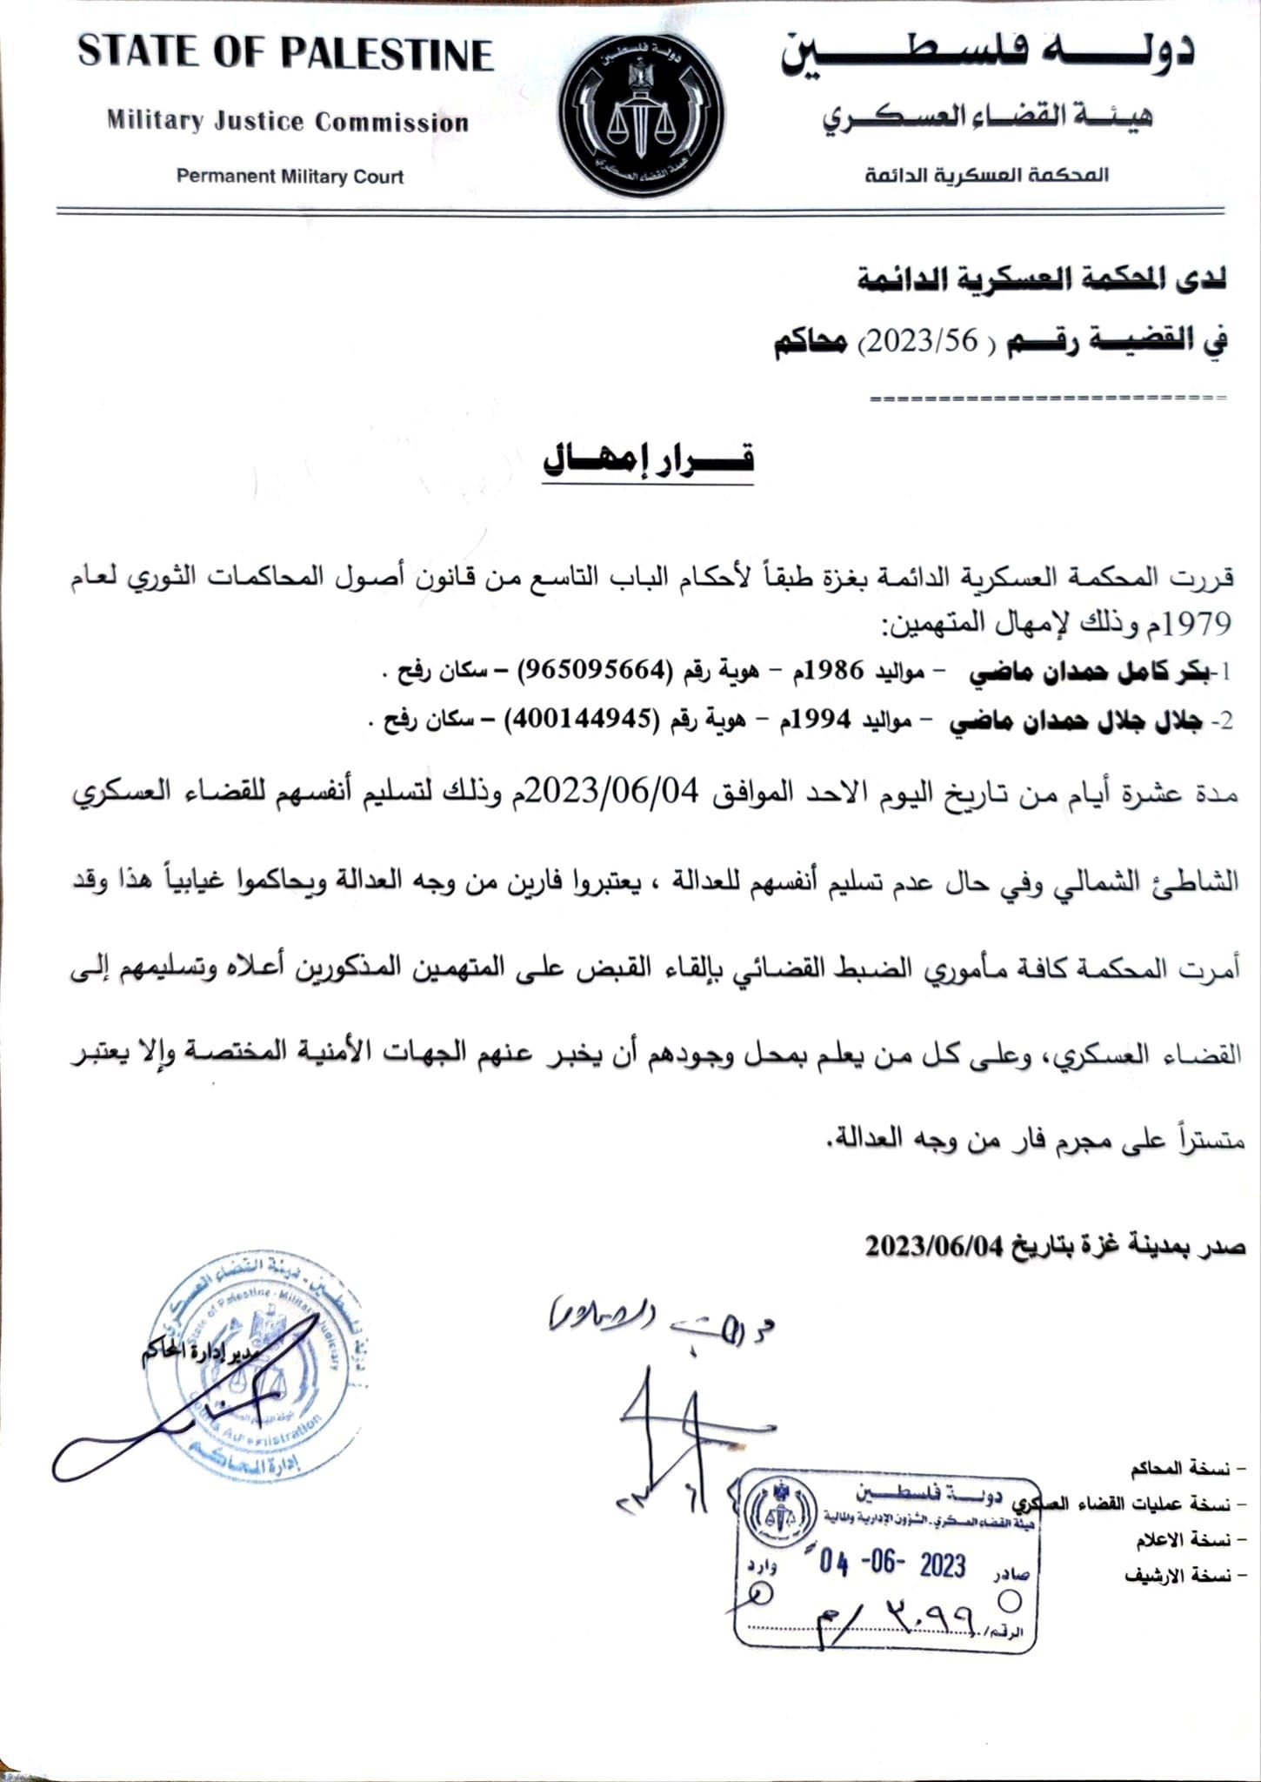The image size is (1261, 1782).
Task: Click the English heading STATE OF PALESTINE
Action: tap(286, 54)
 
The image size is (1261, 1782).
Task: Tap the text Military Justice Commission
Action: tap(288, 122)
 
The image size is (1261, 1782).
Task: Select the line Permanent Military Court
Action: tap(290, 177)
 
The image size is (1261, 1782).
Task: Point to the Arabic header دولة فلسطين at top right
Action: tap(988, 54)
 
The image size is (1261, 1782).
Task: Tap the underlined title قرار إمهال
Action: tap(648, 459)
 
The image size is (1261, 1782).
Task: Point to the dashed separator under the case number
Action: tap(1047, 399)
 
